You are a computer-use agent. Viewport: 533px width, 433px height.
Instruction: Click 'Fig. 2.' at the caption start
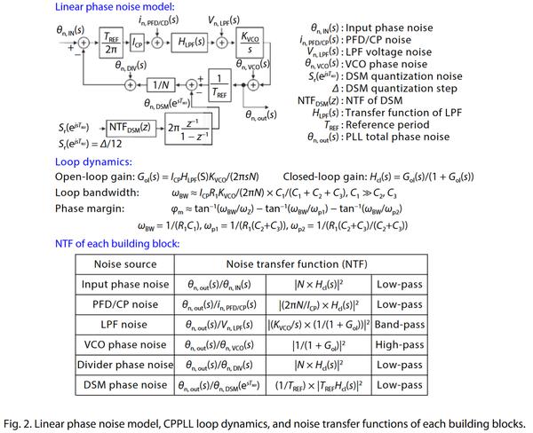22,421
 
